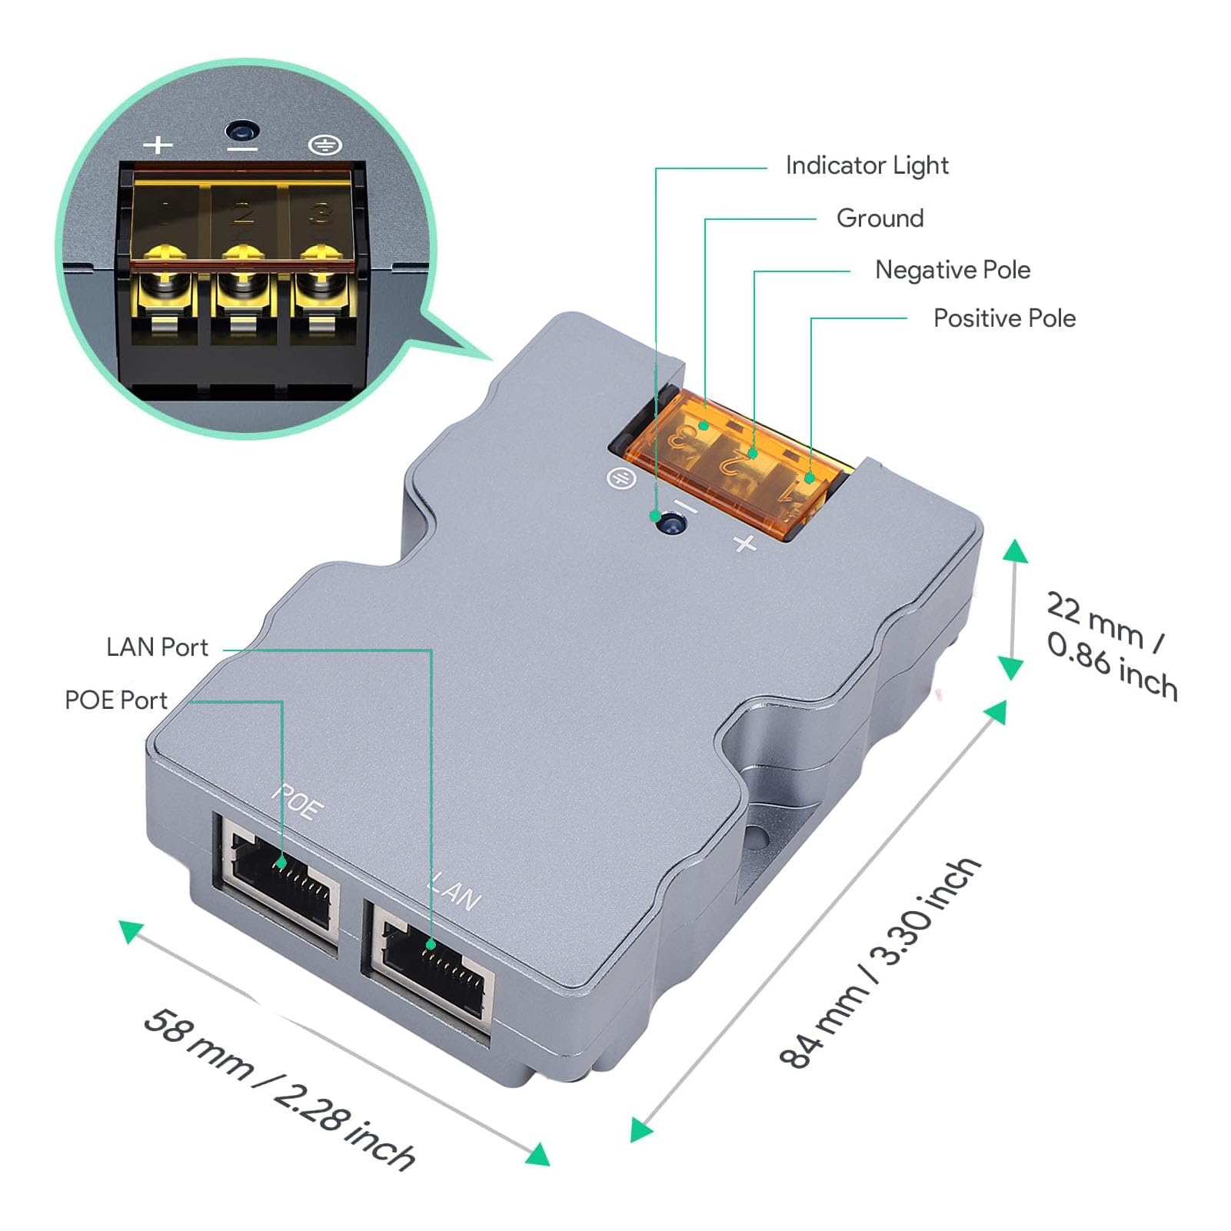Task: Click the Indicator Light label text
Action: point(867,166)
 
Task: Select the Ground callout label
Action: point(880,218)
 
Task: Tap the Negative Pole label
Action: point(952,270)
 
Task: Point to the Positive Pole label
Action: point(1003,318)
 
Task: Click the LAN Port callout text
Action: point(157,647)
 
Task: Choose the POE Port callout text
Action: point(115,700)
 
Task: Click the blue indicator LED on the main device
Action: point(671,525)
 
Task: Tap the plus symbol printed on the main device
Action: point(744,543)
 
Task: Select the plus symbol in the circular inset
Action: point(158,144)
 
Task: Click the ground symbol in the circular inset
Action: point(324,145)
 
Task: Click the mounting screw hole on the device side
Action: point(757,837)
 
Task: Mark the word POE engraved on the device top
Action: point(298,802)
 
